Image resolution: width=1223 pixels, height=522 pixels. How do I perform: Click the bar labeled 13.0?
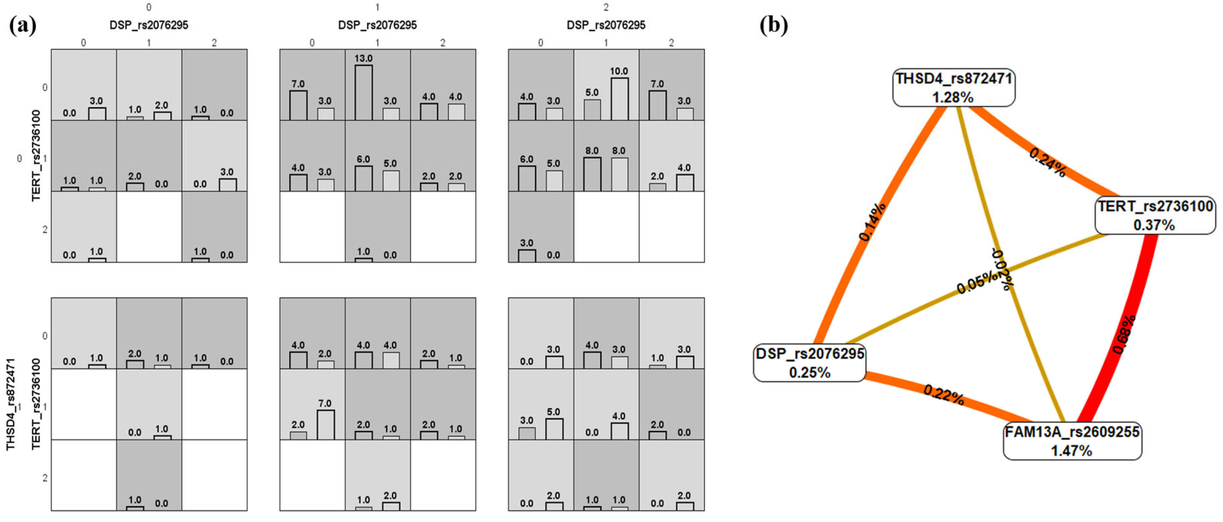[x=364, y=92]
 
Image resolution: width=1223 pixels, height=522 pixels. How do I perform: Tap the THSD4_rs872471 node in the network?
[x=953, y=88]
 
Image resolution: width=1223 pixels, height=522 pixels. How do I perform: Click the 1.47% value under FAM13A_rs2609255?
[x=1072, y=450]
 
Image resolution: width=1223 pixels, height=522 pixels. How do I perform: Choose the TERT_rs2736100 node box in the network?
[x=1154, y=215]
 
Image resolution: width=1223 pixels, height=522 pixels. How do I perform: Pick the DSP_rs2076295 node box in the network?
[x=810, y=363]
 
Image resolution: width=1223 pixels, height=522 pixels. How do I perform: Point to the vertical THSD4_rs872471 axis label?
[x=10, y=404]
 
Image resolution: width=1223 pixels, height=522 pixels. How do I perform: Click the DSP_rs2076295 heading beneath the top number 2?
[x=606, y=25]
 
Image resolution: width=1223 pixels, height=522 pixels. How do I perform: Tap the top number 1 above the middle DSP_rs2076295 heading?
[x=377, y=7]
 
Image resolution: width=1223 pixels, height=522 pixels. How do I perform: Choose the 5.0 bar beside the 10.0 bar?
[x=592, y=109]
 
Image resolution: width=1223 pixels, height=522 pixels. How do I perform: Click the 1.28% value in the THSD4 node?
[x=953, y=97]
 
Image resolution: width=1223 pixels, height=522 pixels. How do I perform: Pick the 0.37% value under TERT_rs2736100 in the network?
[x=1154, y=225]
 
